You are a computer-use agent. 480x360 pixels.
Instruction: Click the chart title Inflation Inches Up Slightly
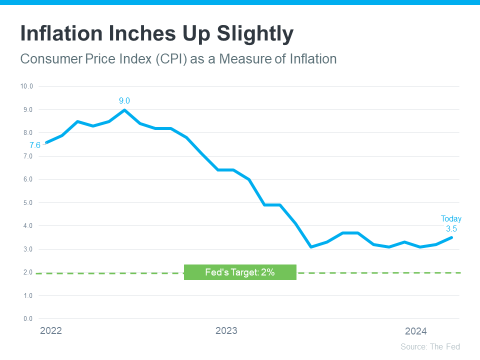(156, 33)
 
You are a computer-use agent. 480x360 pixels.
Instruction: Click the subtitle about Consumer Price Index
(178, 59)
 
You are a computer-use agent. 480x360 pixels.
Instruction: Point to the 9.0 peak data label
(124, 101)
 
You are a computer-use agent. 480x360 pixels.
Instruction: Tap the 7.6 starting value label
(34, 145)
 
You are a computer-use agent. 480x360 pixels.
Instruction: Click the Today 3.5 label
(451, 224)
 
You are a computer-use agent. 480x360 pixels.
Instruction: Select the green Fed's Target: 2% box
(240, 272)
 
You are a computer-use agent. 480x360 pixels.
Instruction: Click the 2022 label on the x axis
(50, 331)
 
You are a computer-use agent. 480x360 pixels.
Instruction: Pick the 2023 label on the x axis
(226, 331)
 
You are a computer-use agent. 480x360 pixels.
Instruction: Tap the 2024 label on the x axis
(415, 331)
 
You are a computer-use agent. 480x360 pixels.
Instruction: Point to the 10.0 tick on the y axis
(26, 86)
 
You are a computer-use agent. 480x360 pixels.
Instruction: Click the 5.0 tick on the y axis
(27, 202)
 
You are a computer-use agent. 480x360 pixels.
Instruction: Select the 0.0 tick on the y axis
(27, 319)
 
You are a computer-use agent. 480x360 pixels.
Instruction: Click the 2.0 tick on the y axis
(27, 272)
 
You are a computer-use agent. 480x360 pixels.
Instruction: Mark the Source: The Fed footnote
(430, 346)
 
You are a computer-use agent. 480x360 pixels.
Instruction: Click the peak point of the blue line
(124, 110)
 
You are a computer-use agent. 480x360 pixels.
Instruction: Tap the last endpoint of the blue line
(451, 237)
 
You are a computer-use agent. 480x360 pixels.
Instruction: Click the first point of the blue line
(46, 142)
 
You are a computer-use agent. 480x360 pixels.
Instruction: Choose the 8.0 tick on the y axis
(27, 133)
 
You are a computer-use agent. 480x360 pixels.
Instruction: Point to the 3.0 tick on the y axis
(27, 249)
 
